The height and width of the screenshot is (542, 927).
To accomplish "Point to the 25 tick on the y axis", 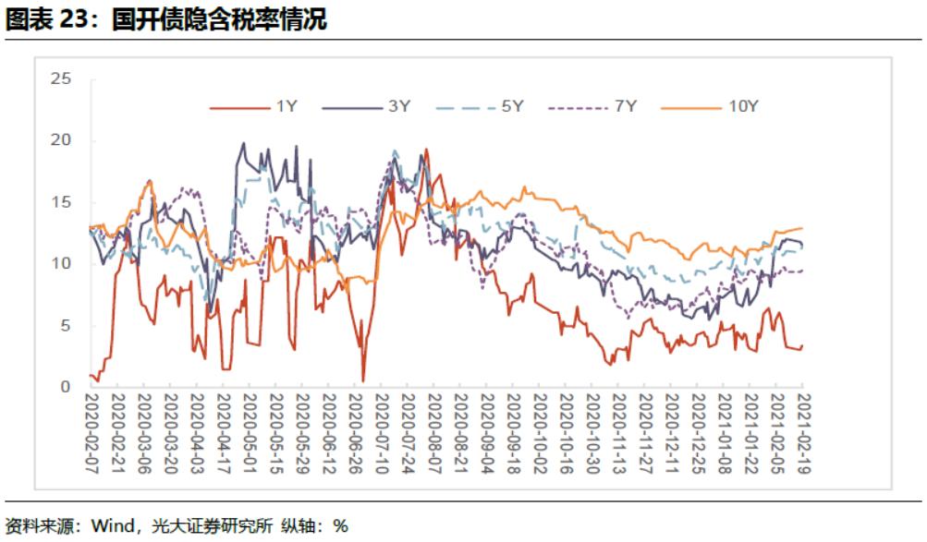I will (x=61, y=79).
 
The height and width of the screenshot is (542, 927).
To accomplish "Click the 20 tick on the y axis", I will (x=61, y=140).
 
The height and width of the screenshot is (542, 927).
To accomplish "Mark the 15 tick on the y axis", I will (x=61, y=202).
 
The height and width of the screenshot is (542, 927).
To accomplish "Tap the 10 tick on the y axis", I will (x=61, y=264).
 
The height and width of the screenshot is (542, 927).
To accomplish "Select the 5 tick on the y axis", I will (x=66, y=326).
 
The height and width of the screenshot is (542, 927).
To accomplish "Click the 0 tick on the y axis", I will (x=66, y=387).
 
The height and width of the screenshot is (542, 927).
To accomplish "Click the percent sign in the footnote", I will (x=341, y=526).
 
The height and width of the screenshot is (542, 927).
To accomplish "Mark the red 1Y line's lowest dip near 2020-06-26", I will (x=363, y=379).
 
